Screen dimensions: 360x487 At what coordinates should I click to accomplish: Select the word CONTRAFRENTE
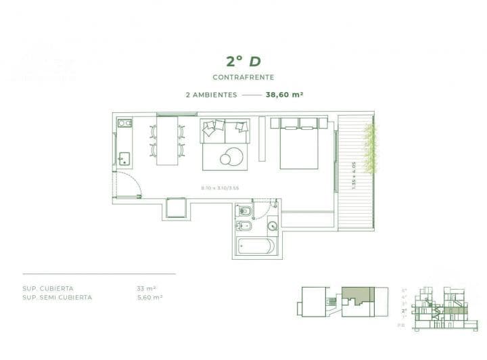click(243, 77)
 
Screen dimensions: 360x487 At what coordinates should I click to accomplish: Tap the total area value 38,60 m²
click(284, 95)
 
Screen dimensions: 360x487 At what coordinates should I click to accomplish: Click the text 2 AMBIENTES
click(211, 95)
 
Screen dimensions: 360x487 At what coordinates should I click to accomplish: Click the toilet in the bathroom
click(244, 212)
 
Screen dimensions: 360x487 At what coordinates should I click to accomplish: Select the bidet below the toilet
click(244, 227)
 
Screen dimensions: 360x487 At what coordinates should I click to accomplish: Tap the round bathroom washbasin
click(272, 226)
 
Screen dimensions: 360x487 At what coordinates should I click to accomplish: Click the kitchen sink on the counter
click(124, 160)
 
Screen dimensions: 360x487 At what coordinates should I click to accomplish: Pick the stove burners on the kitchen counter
click(124, 123)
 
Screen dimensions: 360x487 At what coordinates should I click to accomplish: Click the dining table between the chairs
click(167, 141)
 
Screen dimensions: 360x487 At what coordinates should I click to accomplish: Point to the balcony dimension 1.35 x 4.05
click(354, 175)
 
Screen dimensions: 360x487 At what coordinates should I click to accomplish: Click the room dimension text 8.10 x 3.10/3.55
click(220, 187)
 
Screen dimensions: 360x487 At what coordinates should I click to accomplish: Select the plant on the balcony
click(370, 148)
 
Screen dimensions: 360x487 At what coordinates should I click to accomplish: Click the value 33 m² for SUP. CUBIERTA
click(146, 288)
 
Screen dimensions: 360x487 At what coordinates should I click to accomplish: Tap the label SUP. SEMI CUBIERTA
click(57, 297)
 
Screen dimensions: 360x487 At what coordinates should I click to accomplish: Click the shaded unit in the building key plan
click(356, 295)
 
